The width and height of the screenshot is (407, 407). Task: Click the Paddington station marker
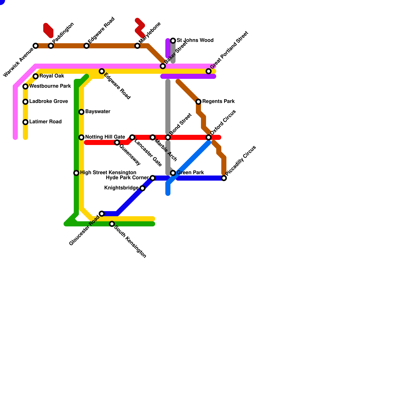(x=51, y=46)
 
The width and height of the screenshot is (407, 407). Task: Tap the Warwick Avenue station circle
(x=36, y=46)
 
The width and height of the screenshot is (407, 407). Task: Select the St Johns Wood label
(x=195, y=40)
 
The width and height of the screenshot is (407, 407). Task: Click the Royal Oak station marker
(x=36, y=76)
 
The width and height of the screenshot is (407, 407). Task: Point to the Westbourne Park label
(x=50, y=86)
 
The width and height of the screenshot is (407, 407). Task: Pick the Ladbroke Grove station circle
(x=25, y=102)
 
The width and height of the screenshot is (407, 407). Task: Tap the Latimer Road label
(x=45, y=122)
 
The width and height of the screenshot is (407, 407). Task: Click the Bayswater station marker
(x=81, y=112)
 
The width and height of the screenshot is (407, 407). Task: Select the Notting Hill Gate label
(x=105, y=137)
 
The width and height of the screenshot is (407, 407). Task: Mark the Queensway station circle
(x=117, y=142)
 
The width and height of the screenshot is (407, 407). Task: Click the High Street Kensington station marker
(x=76, y=173)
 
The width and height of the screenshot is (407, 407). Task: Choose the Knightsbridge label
(x=121, y=188)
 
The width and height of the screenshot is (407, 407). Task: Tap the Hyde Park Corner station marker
(x=153, y=178)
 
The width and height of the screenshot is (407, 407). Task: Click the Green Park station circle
(x=173, y=173)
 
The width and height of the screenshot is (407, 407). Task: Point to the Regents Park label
(x=218, y=101)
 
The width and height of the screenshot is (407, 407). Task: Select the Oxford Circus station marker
(x=209, y=137)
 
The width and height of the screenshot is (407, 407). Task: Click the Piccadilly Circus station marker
(x=224, y=178)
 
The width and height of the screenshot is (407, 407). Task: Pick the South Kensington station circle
(x=112, y=224)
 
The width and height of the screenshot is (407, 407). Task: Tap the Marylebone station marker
(x=137, y=46)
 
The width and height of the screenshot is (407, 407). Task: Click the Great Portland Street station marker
(x=209, y=71)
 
